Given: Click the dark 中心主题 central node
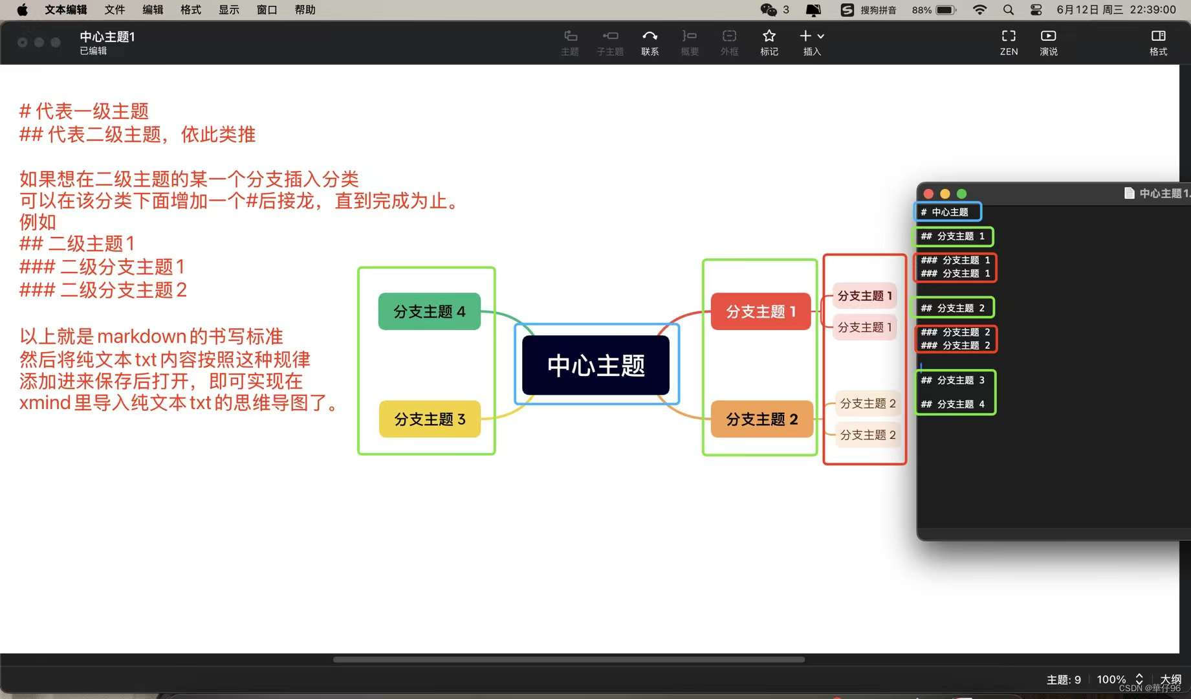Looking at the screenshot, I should pos(596,365).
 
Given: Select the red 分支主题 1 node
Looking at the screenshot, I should pos(760,311).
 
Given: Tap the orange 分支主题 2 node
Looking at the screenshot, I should pos(761,419).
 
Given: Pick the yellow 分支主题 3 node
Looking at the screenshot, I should pos(430,419).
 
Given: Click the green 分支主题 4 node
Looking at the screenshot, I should pos(429,311).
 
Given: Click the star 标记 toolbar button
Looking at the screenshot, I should pos(769,41).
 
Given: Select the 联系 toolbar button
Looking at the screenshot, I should pos(650,41).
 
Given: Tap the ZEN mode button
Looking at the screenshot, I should pos(1009,41).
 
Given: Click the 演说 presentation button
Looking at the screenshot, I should pos(1048,41).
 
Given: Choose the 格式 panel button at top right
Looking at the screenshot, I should pos(1158,41).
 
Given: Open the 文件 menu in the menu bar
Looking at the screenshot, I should pos(115,10).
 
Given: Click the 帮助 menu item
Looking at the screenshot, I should pos(305,10).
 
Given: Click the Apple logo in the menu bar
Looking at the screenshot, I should pos(22,10).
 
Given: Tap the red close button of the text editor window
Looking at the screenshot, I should pos(928,194).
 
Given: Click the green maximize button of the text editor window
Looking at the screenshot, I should pos(962,194).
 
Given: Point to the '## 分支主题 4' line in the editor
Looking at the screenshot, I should pos(953,404).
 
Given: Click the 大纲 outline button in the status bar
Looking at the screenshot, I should pos(1170,679).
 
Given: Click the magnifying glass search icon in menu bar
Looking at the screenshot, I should pos(1008,10).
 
